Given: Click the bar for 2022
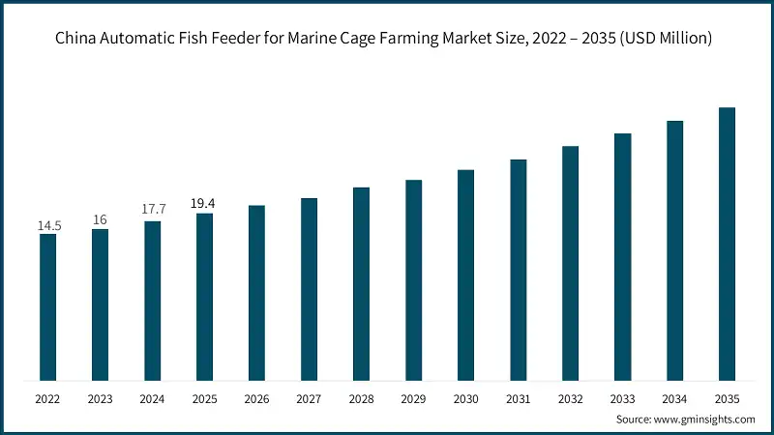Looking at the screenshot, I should click(48, 307).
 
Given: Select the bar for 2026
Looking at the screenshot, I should click(257, 293).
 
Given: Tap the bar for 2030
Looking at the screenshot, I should click(466, 275).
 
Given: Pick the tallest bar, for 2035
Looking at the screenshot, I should click(728, 244).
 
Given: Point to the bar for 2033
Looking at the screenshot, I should click(623, 257).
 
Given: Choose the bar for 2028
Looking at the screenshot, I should click(362, 284).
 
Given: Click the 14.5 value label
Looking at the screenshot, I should click(48, 225).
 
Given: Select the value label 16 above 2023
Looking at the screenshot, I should click(100, 219).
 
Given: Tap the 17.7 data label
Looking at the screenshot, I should click(153, 212).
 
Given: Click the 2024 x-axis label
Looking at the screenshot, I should click(153, 397).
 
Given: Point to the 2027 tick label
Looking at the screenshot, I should click(310, 397).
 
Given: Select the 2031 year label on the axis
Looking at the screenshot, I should click(519, 397).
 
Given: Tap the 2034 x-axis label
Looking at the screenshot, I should click(675, 397).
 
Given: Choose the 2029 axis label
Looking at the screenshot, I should click(414, 397).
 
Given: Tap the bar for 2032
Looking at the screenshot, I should click(571, 264).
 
